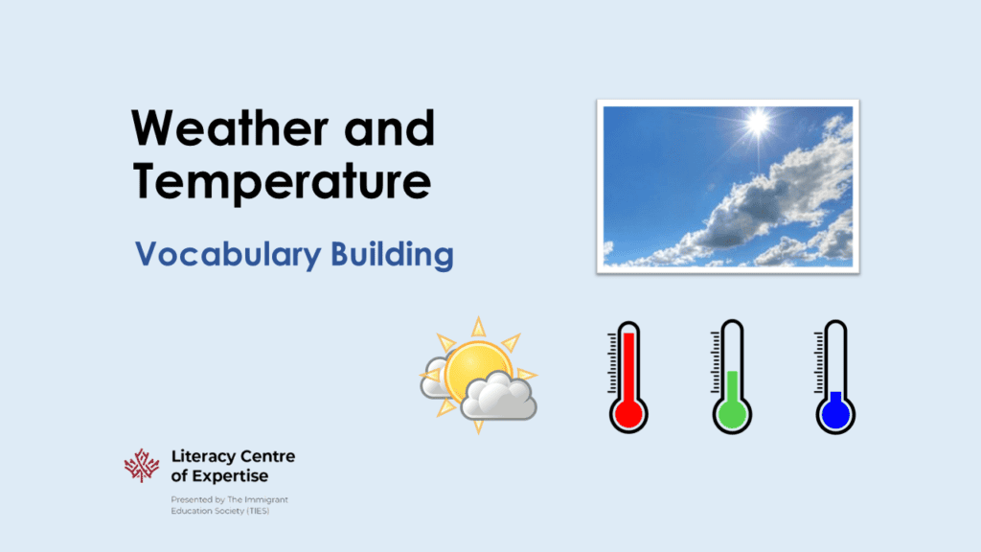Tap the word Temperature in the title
coord(281,182)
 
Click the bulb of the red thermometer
coord(628,413)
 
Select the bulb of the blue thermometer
coord(834,415)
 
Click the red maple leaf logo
coord(142,466)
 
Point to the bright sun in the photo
coord(758,123)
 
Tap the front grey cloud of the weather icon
coord(498,398)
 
